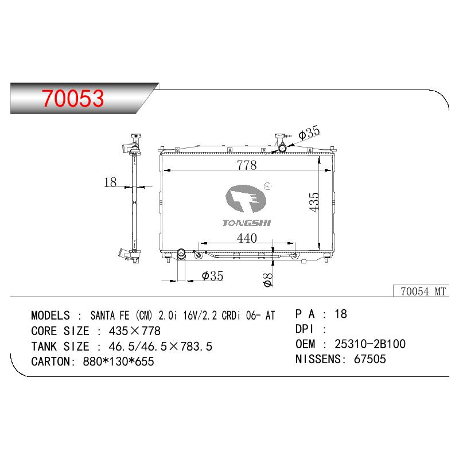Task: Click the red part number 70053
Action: pos(73,98)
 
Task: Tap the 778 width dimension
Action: pos(247,165)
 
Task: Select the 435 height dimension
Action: pos(314,202)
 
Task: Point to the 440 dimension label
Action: pos(247,238)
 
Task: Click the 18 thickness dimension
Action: pos(110,182)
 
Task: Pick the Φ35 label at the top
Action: pos(309,133)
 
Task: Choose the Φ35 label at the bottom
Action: pos(212,276)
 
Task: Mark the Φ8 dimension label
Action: pos(268,279)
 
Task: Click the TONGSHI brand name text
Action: pos(247,223)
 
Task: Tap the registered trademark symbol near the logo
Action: pos(267,186)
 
